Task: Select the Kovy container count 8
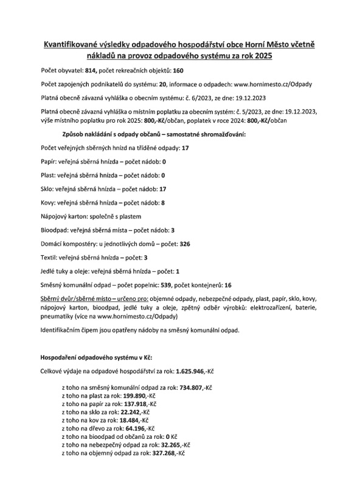(x=162, y=202)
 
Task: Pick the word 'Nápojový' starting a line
(x=54, y=216)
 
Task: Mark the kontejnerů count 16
(x=228, y=284)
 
